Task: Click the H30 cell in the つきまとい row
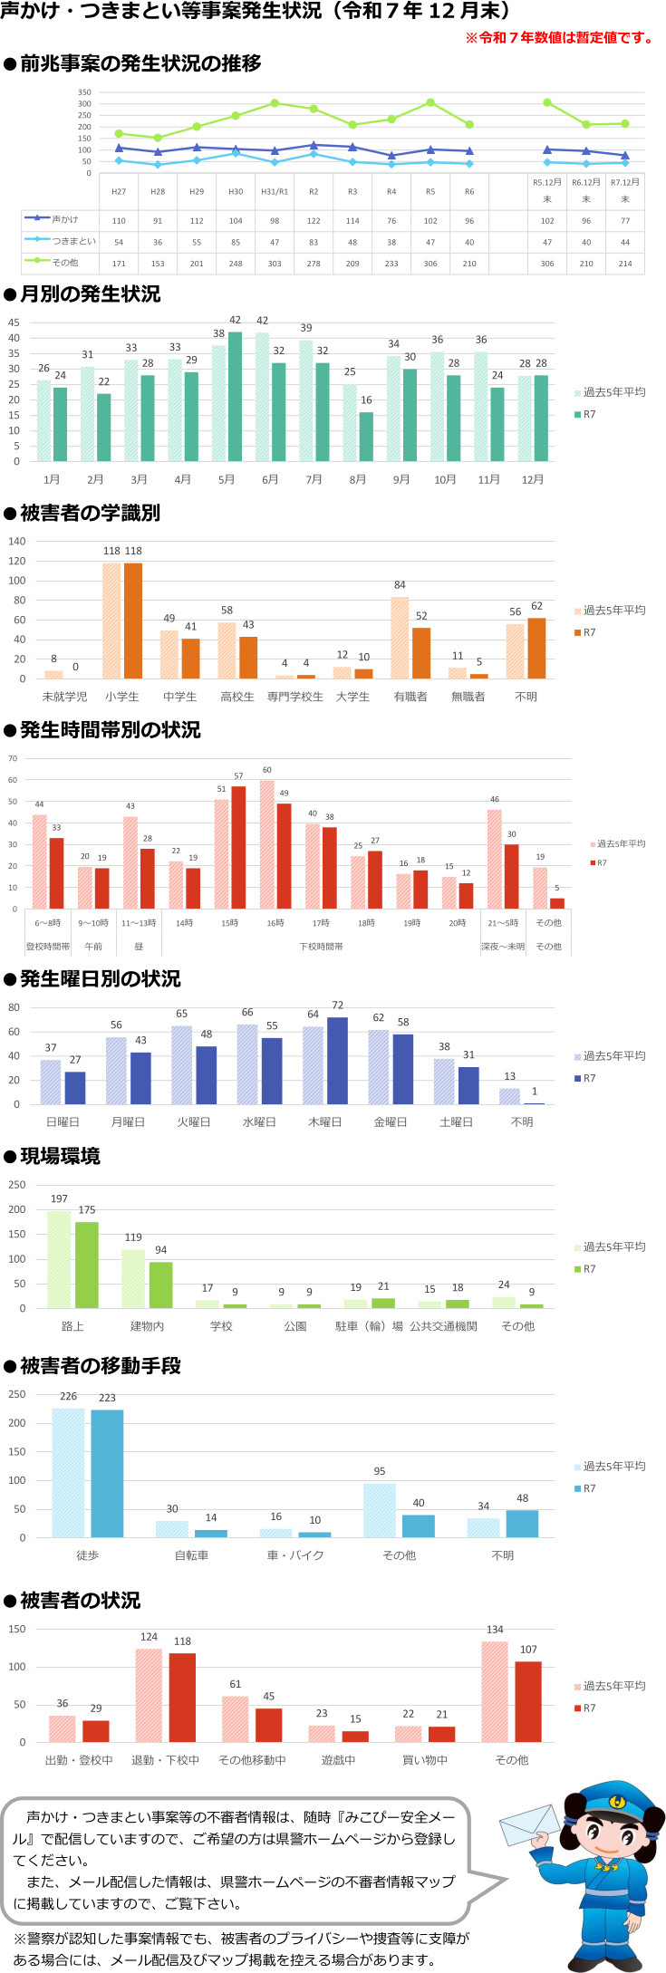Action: coord(236,242)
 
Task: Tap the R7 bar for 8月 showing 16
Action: coord(366,437)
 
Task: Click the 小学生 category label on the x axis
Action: coord(121,697)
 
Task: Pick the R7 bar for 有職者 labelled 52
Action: coord(421,653)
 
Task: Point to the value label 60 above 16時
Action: coord(267,770)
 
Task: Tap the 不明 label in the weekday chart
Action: coord(522,1121)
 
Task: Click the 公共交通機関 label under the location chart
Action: coord(443,1326)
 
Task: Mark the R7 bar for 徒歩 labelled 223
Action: coord(107,1473)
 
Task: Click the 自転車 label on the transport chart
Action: coord(191,1554)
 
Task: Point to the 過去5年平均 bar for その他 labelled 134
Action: coord(495,1691)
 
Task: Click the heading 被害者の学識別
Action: coord(90,513)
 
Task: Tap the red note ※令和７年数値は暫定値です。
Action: coord(560,38)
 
